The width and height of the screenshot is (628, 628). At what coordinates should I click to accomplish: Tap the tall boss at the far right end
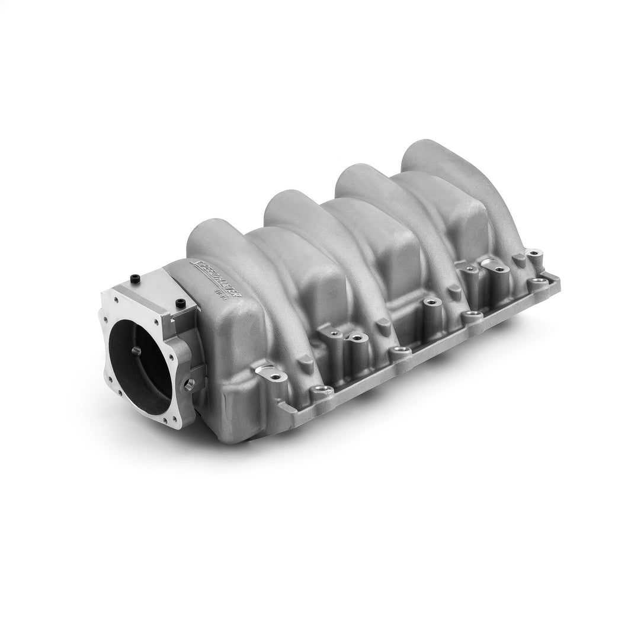pyautogui.click(x=535, y=257)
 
